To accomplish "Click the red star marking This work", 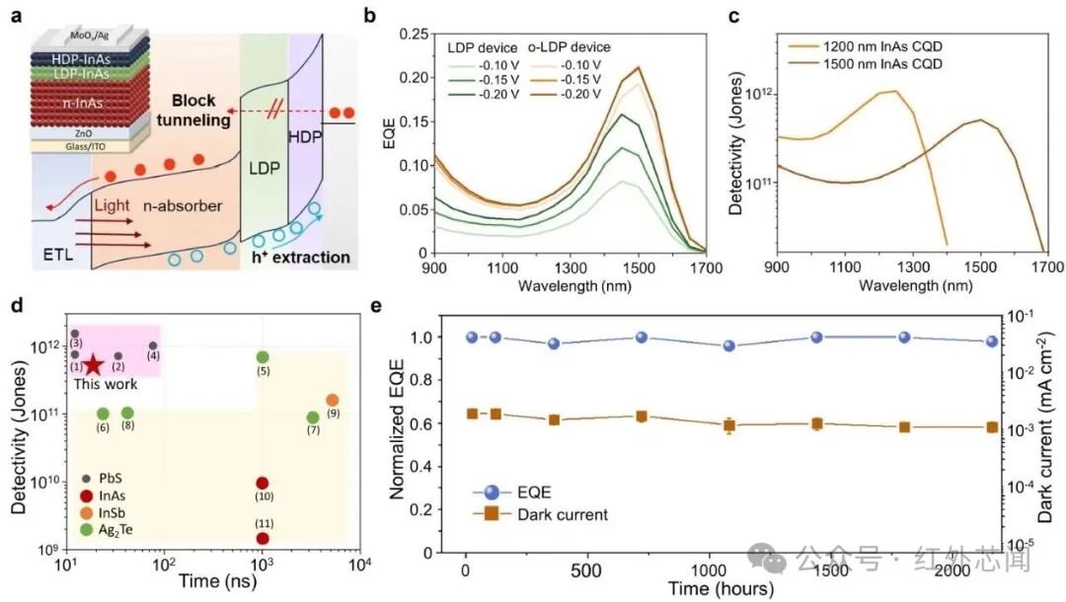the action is click(93, 365).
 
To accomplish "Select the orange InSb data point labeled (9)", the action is click(333, 401).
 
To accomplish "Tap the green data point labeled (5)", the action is click(263, 357).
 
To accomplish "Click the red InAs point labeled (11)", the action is click(263, 538).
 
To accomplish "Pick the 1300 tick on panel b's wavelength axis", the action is click(571, 268).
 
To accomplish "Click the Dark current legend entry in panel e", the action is click(541, 514).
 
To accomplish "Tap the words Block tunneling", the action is click(193, 111).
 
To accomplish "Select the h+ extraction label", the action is click(300, 257).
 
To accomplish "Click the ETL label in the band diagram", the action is click(58, 256).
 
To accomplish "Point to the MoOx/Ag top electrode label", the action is click(91, 36).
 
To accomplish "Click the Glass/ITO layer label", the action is click(86, 146).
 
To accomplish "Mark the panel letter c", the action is click(733, 14).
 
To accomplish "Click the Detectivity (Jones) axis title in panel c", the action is click(735, 143).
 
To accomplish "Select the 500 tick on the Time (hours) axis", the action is click(586, 570).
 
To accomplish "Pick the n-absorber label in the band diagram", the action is click(183, 206).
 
